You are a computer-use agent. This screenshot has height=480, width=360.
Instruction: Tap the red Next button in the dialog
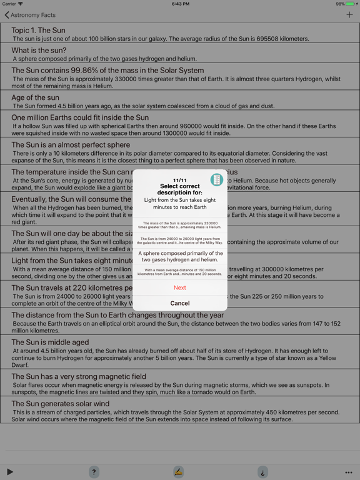[x=179, y=287]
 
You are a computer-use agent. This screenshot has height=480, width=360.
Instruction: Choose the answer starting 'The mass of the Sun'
[x=179, y=225]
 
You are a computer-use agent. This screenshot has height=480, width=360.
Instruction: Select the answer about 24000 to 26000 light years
[x=179, y=241]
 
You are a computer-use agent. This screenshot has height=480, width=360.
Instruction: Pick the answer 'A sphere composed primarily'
[x=179, y=256]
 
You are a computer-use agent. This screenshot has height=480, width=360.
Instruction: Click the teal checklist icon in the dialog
[x=216, y=180]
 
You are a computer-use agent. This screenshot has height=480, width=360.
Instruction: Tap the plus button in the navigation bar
[x=349, y=15]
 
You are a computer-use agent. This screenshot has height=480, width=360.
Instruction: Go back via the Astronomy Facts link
[x=30, y=15]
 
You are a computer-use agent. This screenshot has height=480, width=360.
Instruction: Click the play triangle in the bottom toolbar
[x=10, y=472]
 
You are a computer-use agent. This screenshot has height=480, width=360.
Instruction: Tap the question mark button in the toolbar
[x=94, y=472]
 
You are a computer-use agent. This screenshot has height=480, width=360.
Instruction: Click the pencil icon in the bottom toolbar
[x=178, y=472]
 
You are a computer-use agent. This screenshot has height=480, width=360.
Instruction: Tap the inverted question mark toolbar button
[x=262, y=472]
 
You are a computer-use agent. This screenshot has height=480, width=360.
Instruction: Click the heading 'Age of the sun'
[x=35, y=97]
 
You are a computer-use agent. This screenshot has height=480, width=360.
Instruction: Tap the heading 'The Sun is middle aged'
[x=50, y=342]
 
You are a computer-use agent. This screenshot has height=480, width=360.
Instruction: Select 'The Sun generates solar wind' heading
[x=60, y=404]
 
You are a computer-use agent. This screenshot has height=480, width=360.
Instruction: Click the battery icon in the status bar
[x=351, y=4]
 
